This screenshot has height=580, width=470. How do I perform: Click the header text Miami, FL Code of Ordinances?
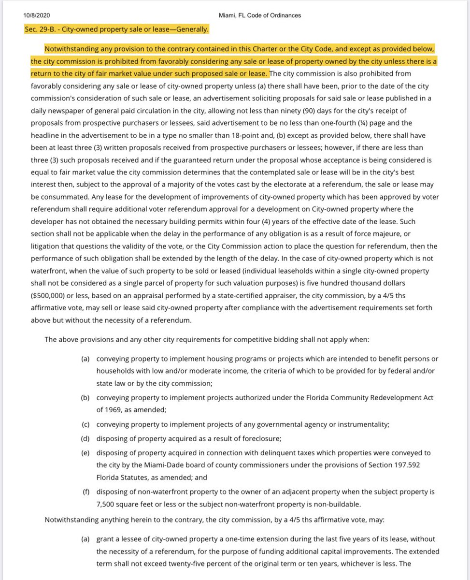(259, 15)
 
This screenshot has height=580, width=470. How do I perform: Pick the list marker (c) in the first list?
(85, 424)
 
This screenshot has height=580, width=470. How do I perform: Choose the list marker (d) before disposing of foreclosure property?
(85, 438)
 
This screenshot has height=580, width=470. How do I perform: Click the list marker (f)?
(85, 492)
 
